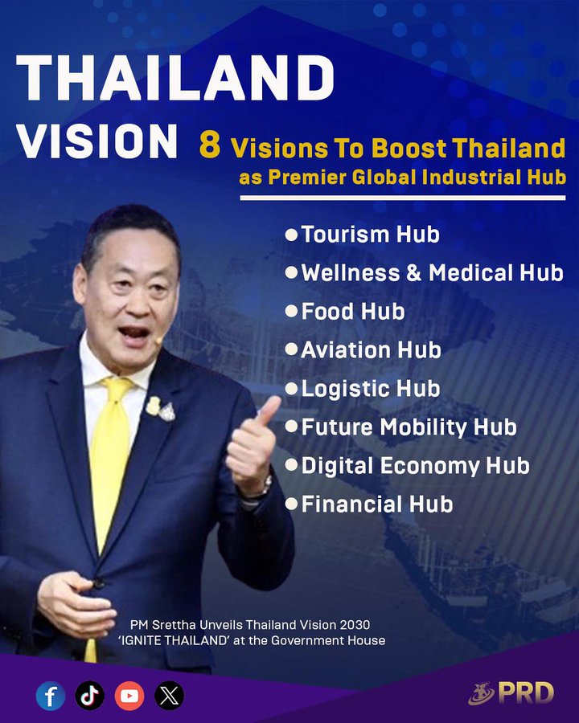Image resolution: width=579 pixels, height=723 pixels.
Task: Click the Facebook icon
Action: click(51, 695)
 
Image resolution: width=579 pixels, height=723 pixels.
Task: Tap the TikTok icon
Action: click(90, 695)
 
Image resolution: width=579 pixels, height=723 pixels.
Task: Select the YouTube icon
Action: click(129, 695)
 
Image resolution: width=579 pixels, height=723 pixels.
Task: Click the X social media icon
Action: click(169, 695)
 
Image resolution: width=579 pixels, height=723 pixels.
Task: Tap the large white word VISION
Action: click(97, 142)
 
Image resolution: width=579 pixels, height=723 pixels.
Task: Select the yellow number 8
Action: click(210, 147)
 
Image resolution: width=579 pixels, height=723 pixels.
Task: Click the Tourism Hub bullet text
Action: click(370, 235)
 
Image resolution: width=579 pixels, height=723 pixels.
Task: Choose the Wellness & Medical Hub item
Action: click(432, 273)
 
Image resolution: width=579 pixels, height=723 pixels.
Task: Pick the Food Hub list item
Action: click(352, 312)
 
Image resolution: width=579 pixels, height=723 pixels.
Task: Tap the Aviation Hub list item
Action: click(371, 350)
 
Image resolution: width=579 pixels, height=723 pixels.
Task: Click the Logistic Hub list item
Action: click(370, 389)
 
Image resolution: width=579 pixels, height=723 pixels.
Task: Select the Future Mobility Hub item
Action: click(409, 427)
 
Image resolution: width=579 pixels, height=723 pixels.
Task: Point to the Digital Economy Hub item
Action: click(415, 466)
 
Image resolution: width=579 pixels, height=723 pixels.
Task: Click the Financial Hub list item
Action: click(376, 504)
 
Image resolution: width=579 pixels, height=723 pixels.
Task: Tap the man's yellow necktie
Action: click(113, 450)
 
